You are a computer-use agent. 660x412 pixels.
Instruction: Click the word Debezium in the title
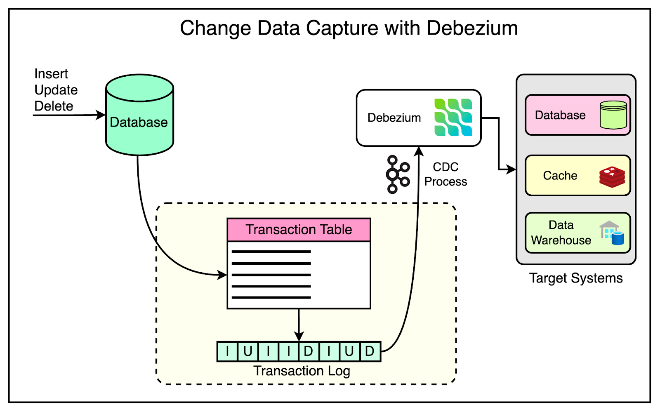click(472, 28)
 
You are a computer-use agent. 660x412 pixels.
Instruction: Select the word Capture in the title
click(342, 28)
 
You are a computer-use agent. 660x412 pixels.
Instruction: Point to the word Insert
click(51, 74)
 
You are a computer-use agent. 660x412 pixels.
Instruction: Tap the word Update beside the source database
click(56, 90)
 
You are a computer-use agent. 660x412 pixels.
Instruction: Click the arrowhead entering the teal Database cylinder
click(101, 115)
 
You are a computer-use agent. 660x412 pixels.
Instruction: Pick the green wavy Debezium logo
click(453, 118)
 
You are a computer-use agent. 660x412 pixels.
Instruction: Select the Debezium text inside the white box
click(394, 118)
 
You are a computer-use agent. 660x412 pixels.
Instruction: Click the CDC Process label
click(445, 174)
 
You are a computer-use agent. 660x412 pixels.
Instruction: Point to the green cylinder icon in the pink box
click(613, 115)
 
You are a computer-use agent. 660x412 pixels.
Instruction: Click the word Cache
click(560, 176)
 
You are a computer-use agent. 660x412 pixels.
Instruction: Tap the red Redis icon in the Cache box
click(612, 177)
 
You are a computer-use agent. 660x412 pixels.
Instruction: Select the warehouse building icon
click(611, 233)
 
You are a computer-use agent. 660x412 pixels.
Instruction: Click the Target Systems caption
click(576, 278)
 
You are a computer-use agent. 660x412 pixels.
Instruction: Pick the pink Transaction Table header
click(299, 230)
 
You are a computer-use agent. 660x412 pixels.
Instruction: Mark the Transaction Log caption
click(302, 371)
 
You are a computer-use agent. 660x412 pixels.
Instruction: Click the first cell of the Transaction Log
click(227, 351)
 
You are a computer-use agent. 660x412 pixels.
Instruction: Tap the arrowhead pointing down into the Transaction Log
click(299, 337)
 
